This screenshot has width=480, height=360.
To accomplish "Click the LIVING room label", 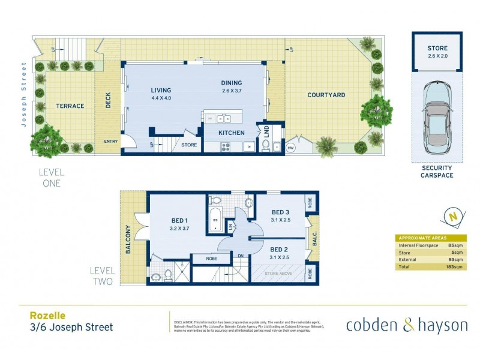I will [x=161, y=91].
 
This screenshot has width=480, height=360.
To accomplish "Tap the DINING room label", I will [x=231, y=83].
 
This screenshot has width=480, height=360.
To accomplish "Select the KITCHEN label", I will [x=231, y=133].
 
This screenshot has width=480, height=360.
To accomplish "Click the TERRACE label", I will [x=70, y=106].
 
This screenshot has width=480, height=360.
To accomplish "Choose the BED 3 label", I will [x=281, y=212].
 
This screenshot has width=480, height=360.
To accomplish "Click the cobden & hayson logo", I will [x=406, y=325].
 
